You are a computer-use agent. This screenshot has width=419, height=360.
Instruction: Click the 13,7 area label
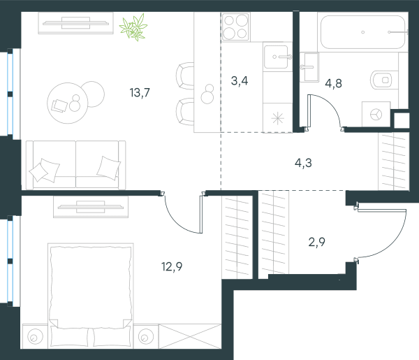(140, 93)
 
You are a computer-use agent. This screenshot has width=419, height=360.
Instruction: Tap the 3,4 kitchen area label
(240, 81)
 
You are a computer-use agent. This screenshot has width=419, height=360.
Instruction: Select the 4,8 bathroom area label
(334, 83)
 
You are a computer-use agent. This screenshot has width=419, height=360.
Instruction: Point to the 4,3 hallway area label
(303, 163)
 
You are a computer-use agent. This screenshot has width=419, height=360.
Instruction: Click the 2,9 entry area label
(316, 242)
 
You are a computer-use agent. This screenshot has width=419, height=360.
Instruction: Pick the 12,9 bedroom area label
(172, 266)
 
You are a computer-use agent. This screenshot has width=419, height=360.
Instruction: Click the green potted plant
(133, 27)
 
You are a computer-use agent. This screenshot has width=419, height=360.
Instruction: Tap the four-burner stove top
(236, 27)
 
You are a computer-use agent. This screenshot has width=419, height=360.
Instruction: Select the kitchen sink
(277, 57)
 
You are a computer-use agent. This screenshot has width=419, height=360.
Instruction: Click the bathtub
(363, 32)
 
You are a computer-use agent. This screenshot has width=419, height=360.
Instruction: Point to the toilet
(381, 80)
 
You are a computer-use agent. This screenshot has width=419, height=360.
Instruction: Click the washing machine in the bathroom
(376, 114)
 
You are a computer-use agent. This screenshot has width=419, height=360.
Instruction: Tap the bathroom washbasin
(309, 67)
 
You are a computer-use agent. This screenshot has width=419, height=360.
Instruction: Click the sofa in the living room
(76, 165)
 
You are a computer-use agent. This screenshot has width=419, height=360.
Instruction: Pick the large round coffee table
(67, 103)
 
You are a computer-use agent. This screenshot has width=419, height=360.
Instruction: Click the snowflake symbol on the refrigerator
(278, 118)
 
